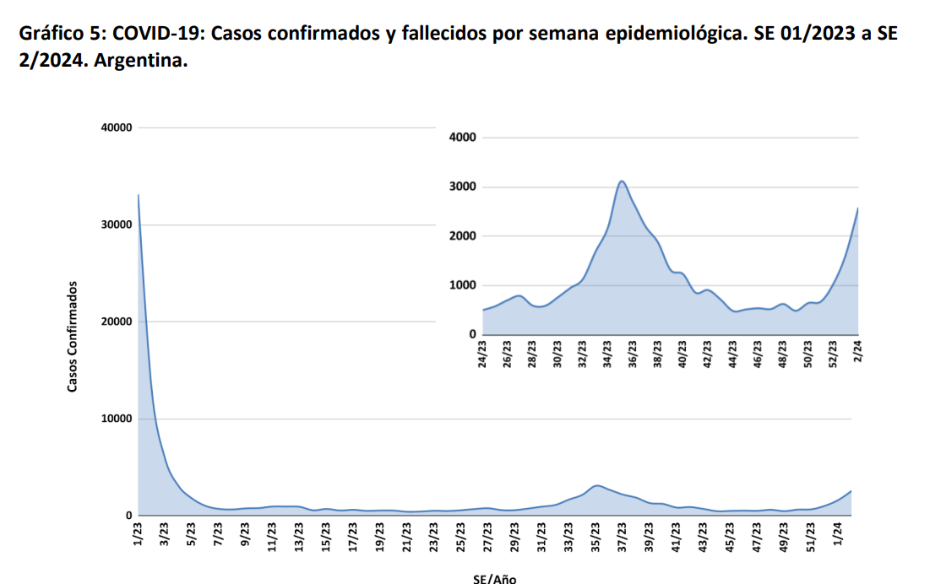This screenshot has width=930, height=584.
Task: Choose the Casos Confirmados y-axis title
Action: [73, 336]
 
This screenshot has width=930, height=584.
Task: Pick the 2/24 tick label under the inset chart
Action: [858, 350]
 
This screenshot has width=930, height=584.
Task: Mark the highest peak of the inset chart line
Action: [622, 181]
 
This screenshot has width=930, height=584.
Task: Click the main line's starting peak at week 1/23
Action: [139, 195]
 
